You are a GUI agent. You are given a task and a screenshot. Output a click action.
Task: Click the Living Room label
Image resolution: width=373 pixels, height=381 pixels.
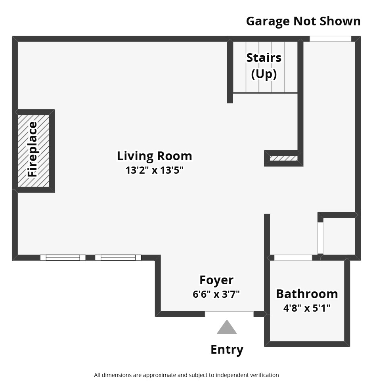pos(154,156)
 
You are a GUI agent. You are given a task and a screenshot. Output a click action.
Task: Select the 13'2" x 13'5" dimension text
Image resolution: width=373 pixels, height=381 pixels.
pos(154,170)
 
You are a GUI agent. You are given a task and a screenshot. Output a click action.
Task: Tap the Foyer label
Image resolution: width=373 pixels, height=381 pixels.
pos(216,280)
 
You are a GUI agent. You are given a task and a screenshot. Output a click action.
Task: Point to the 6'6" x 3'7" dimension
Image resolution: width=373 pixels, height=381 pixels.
pos(216,294)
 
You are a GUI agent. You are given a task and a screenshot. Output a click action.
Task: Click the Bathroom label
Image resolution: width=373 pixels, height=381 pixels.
pos(307,294)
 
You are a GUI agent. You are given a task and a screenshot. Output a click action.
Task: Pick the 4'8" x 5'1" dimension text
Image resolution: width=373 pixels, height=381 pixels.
pos(307,308)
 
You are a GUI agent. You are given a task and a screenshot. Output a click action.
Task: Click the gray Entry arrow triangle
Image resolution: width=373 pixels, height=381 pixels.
pos(227,328)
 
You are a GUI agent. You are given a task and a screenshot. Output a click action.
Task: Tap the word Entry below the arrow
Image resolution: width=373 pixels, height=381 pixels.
pos(227,349)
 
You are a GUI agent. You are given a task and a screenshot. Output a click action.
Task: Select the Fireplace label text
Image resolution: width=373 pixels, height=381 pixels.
pos(33,149)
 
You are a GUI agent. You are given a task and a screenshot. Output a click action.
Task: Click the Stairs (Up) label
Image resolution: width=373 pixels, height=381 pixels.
pos(264,65)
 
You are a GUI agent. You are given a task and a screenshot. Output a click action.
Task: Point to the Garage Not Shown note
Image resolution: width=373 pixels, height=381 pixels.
pos(303,21)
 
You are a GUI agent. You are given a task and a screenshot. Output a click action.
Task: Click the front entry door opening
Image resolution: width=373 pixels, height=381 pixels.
pos(229,314)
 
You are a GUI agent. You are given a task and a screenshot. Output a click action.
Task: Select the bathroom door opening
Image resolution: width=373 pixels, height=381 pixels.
pos(293,258)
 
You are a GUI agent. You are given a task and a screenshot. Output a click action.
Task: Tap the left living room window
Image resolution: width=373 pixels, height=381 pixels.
pos(63,258)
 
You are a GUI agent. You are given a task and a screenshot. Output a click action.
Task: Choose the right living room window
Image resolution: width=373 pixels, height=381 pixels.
pos(118,258)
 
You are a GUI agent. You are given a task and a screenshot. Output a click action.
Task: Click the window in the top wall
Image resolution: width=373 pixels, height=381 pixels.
pos(330,39)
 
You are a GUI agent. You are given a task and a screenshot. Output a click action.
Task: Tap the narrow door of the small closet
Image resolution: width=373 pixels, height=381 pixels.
pos(320,237)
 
